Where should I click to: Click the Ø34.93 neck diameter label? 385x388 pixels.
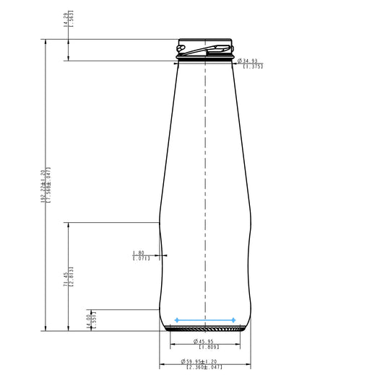tap(250, 61)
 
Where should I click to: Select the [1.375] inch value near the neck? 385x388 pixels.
tap(253, 66)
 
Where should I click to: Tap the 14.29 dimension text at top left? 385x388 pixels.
tap(66, 19)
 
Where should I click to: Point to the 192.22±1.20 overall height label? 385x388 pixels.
tap(43, 184)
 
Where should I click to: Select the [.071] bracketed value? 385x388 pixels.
tap(141, 258)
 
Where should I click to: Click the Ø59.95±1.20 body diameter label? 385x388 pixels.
tap(204, 361)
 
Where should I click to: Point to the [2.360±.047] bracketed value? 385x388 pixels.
tap(204, 368)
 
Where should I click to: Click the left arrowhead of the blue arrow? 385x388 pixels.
tap(177, 319)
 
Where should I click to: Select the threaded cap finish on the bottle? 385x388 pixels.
tap(205, 48)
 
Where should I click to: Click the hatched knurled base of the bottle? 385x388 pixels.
tap(205, 329)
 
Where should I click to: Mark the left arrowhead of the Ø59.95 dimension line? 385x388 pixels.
tap(162, 364)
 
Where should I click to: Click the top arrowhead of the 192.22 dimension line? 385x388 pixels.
tap(48, 41)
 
